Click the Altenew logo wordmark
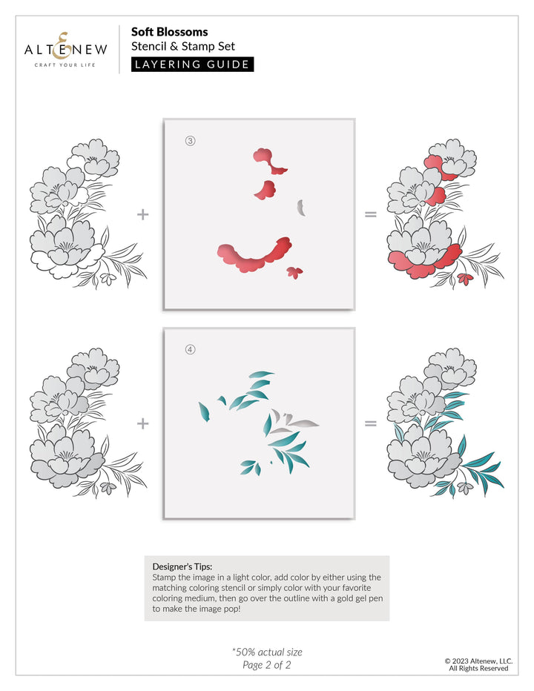(66, 48)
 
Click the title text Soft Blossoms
(169, 32)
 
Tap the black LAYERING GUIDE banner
(192, 65)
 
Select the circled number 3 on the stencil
(190, 142)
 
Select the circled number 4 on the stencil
(190, 350)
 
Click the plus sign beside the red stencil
(143, 214)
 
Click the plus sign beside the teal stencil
(143, 423)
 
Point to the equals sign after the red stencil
(371, 214)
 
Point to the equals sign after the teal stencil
(371, 423)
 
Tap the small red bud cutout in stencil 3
(294, 272)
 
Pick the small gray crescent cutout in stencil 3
(301, 208)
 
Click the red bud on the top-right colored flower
(466, 279)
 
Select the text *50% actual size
(267, 652)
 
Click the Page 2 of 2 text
(267, 665)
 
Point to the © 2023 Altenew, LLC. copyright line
(478, 660)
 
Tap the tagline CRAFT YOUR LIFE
(66, 65)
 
